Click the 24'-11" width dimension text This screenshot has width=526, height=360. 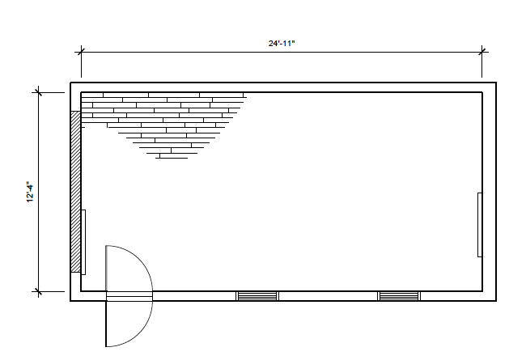coord(282,43)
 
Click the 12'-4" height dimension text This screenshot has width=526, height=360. coord(30,193)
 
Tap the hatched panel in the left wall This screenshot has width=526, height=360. coord(76,192)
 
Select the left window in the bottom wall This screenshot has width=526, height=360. coord(257,296)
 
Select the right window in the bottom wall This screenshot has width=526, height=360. coord(399,296)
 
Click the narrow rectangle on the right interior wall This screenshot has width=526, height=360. coord(480,225)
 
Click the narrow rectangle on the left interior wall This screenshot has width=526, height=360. coord(83,242)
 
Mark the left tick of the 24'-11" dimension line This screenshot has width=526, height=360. coord(81,52)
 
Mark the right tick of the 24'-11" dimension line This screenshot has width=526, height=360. coord(482,52)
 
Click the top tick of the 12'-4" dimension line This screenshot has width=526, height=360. coord(39,92)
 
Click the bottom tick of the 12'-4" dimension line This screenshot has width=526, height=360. coord(39,291)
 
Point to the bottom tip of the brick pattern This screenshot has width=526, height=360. coord(172,158)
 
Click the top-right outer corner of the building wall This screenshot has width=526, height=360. coord(496,83)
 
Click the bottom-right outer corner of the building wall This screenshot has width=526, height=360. coord(496,301)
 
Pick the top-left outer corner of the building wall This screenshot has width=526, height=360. coord(70,83)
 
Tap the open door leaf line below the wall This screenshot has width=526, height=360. coord(106,324)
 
